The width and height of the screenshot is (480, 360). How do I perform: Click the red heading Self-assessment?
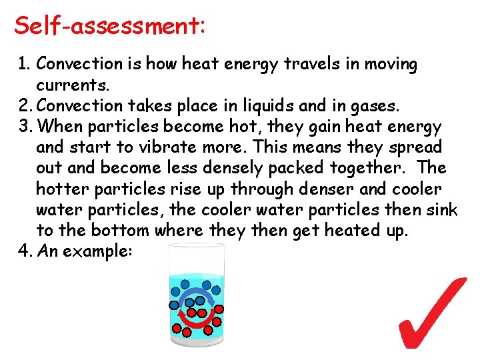tap(109, 26)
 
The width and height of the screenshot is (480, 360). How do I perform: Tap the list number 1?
tap(25, 64)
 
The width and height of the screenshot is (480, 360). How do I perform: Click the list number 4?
tap(25, 251)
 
